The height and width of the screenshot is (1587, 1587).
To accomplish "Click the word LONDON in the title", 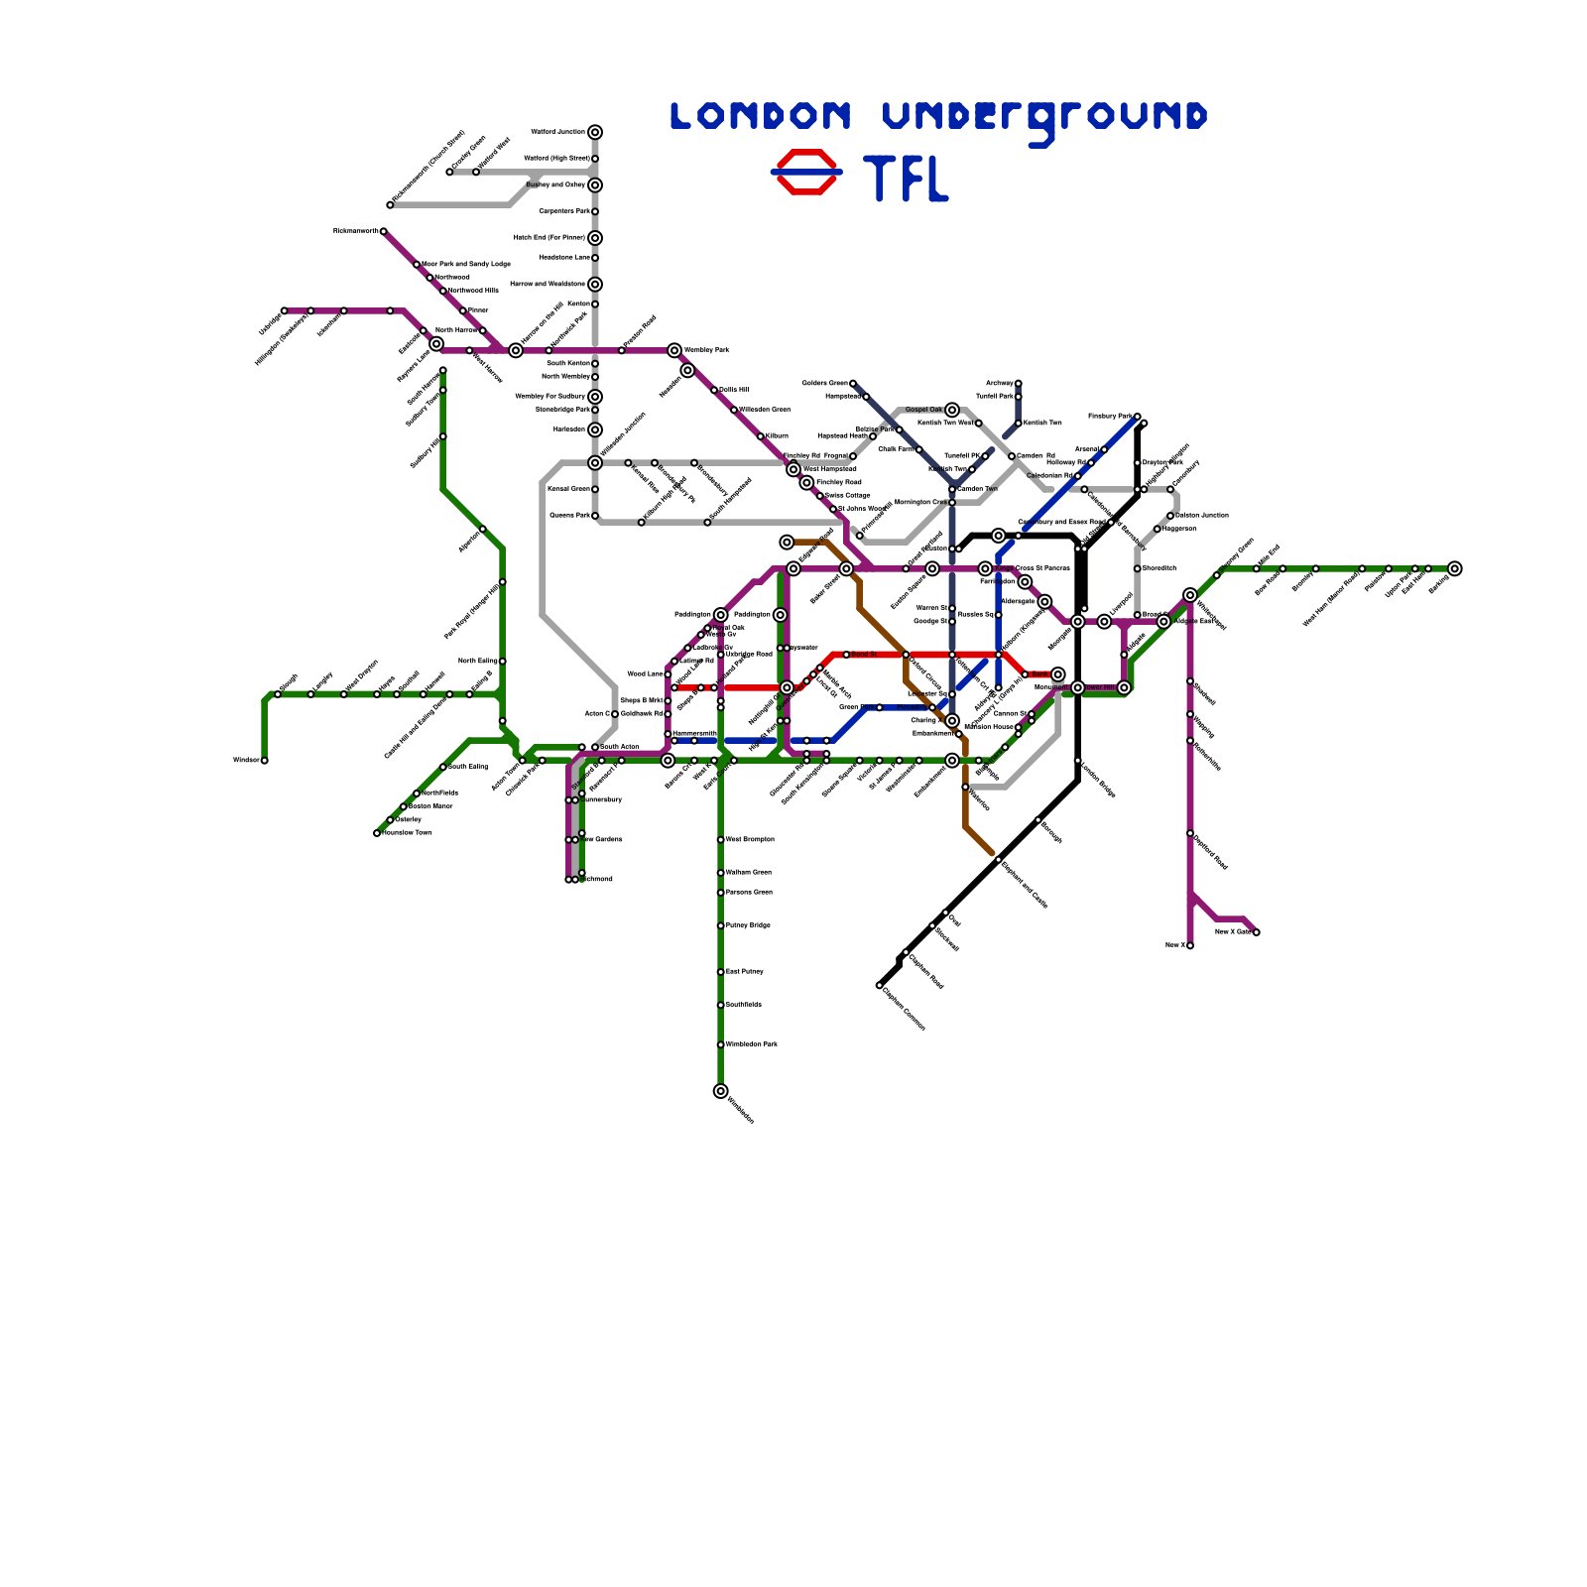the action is tap(760, 116).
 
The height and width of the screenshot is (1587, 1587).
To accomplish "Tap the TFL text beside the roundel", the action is tap(907, 179).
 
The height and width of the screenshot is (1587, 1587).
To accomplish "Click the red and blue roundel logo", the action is tap(806, 172).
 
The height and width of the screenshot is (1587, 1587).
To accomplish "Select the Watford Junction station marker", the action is tap(594, 132).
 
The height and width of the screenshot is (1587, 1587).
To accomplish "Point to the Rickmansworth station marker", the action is tap(384, 231).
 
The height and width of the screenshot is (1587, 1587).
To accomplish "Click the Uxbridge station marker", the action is tap(284, 310).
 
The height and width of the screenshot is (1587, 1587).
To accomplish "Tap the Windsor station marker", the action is tap(265, 761).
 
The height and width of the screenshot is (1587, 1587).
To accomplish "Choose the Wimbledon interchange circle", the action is tap(720, 1091).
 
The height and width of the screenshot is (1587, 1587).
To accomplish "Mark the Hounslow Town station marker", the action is tap(377, 833).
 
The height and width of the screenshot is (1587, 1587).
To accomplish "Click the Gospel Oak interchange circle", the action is tap(952, 410).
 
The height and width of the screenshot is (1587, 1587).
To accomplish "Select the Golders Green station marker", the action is tap(853, 383).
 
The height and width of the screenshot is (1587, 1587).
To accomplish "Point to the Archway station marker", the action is tap(1018, 383).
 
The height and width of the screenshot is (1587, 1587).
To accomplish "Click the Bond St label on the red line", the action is tap(864, 655).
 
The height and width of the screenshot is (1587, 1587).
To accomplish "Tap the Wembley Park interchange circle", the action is tap(674, 350).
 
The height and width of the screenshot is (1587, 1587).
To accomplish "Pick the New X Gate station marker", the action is tap(1256, 932).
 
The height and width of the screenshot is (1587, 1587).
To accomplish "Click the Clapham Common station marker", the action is tap(879, 985).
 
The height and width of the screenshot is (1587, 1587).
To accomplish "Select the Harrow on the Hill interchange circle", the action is tap(516, 350).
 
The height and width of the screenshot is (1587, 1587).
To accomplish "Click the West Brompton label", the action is tap(750, 840).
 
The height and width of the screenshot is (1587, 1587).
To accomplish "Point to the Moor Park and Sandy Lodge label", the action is tap(466, 264).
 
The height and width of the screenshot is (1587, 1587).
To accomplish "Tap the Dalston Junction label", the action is tap(1201, 516).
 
